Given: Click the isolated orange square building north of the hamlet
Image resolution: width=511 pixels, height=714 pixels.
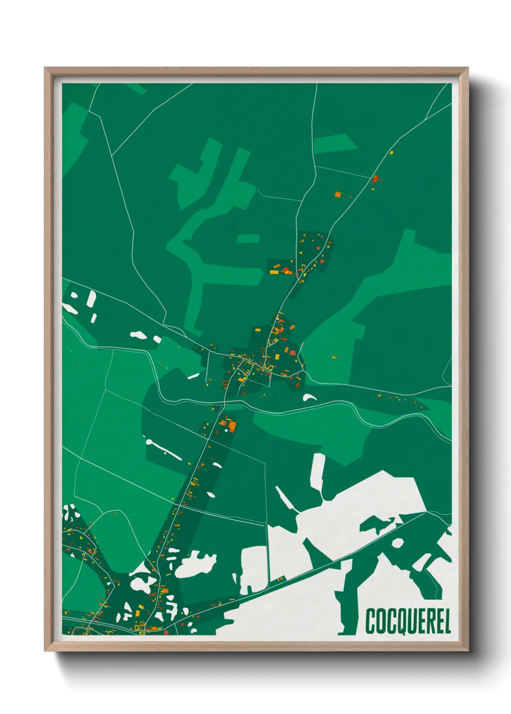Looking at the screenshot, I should pos(338,194).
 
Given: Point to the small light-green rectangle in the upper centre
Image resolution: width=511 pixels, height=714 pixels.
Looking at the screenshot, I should pos(248,238).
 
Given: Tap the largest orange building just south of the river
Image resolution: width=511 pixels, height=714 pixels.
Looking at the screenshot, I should pos(232,426).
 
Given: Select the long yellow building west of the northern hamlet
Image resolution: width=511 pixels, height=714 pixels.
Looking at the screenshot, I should pos(274,272).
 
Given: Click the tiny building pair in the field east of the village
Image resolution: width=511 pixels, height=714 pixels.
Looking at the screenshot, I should pos(334,357).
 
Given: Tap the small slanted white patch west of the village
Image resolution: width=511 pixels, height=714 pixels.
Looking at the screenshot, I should pos(193,376).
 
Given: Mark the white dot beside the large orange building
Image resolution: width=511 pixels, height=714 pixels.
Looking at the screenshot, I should pos(224,423).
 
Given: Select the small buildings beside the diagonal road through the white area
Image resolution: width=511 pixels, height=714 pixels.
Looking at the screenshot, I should pos(280,578).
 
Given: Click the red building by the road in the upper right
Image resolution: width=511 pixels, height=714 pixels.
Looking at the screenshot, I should pos(375,178).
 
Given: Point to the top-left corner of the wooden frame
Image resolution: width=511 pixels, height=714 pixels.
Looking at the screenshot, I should pos(45,68).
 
